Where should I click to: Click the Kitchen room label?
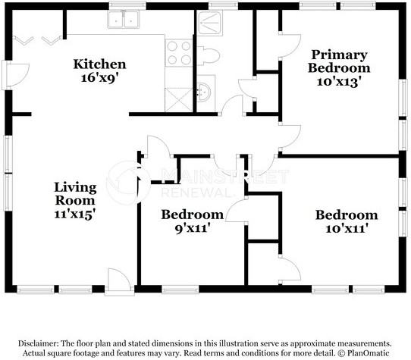[x=99, y=64]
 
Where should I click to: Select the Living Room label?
[x=76, y=194]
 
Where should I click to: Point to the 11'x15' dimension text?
[x=74, y=214]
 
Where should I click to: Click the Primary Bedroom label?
[x=339, y=61]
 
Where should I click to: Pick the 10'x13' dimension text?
[x=337, y=82]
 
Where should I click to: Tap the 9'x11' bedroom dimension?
[x=193, y=228]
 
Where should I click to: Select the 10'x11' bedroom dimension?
[x=346, y=228]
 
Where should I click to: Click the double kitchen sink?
[x=123, y=20]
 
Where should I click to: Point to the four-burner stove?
[x=179, y=53]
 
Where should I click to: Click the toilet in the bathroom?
[x=209, y=55]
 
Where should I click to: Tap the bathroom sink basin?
[x=204, y=92]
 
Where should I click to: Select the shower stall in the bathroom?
[x=210, y=23]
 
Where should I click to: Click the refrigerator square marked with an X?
[x=179, y=100]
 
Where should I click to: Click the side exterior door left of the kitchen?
[x=16, y=75]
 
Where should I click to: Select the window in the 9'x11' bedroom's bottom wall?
[x=180, y=290]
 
